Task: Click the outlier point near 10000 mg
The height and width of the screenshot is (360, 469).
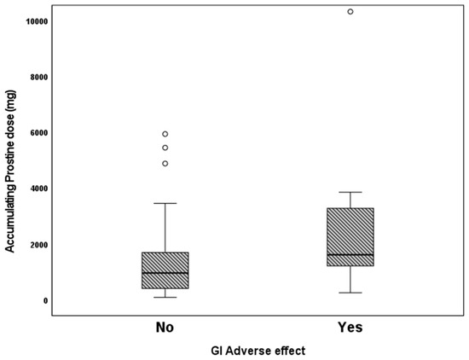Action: click(350, 12)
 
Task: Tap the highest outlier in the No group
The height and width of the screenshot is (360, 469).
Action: click(165, 134)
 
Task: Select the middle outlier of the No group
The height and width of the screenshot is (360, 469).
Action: click(165, 148)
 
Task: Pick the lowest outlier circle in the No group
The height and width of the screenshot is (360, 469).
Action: click(165, 163)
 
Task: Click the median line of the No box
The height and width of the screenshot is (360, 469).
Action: click(165, 273)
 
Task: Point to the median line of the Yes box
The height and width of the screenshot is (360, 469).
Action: click(350, 255)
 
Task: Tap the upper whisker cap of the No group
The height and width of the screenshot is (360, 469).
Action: click(165, 203)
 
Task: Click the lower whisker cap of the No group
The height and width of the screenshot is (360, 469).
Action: click(165, 297)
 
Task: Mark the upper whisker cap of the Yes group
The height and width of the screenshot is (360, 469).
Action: click(350, 192)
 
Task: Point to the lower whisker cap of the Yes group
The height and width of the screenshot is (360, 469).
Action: click(350, 293)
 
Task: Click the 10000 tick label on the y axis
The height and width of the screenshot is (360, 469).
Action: click(32, 20)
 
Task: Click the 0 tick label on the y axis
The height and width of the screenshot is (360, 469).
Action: click(43, 300)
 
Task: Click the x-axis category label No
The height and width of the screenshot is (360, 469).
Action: click(165, 327)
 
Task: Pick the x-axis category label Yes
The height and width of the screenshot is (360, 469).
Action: click(350, 327)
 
